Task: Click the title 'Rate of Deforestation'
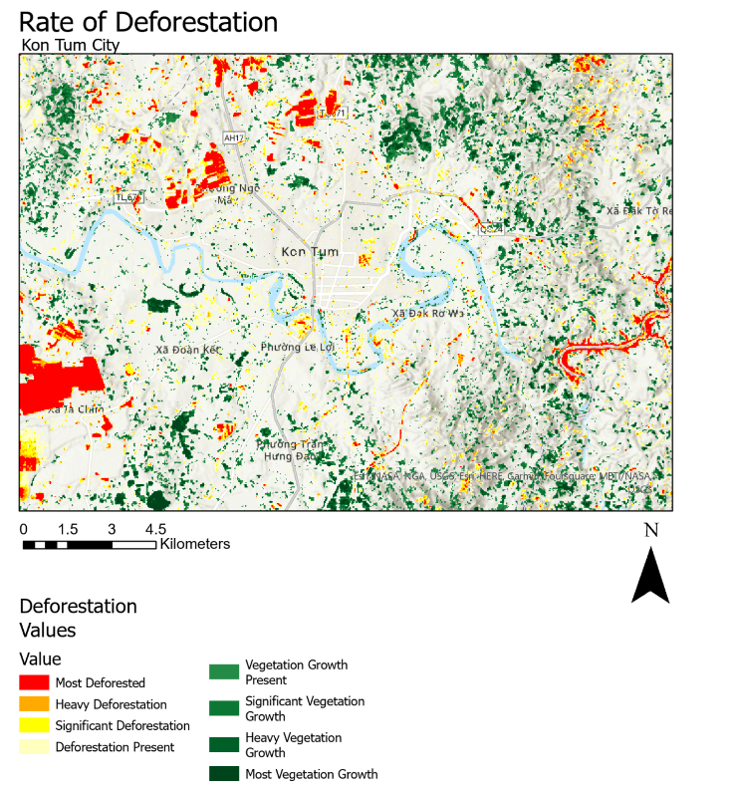[148, 22]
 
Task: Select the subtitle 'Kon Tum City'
[70, 45]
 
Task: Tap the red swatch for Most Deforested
[34, 682]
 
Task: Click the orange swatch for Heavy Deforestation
[34, 704]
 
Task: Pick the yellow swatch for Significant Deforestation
[34, 725]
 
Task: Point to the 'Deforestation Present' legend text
[115, 746]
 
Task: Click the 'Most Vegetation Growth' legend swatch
[223, 774]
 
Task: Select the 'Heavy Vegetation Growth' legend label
[293, 745]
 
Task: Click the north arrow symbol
[650, 578]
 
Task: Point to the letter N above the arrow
[651, 530]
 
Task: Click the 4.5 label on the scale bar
[155, 528]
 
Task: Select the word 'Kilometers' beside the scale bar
[195, 544]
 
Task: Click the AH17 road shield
[233, 137]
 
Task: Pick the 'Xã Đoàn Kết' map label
[186, 350]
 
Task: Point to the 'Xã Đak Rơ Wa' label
[428, 313]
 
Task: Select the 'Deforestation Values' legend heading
[79, 618]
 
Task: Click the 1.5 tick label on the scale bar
[68, 528]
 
